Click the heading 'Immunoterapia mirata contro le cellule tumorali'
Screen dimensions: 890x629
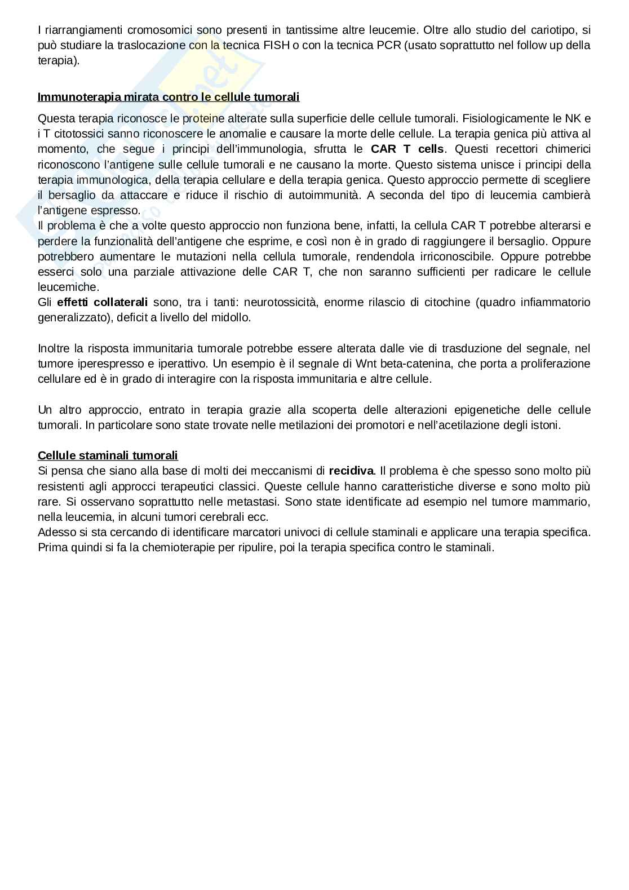tap(169, 97)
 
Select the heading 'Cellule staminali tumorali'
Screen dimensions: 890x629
tap(108, 455)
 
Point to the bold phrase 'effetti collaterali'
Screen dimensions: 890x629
tap(103, 302)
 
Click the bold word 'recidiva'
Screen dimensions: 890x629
tap(351, 471)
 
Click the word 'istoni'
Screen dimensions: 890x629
tap(543, 425)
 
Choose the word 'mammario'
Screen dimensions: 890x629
tap(563, 502)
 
